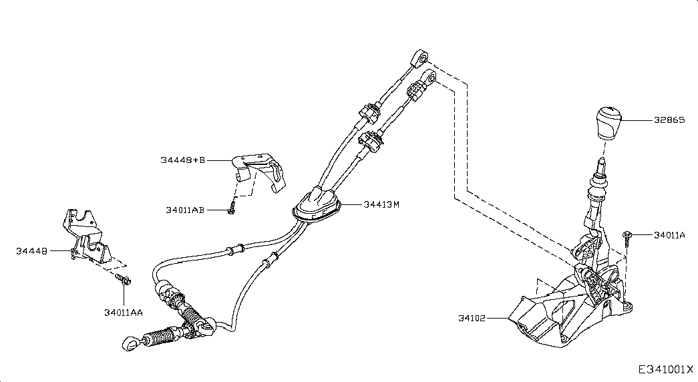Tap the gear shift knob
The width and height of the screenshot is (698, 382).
click(607, 122)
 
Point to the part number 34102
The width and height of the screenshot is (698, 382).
click(472, 319)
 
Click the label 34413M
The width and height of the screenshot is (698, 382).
click(381, 204)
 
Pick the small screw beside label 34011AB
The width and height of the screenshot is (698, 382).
click(230, 210)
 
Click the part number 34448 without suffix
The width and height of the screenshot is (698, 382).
click(32, 251)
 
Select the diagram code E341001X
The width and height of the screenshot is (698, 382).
click(666, 369)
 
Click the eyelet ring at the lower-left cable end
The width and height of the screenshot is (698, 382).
click(129, 344)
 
